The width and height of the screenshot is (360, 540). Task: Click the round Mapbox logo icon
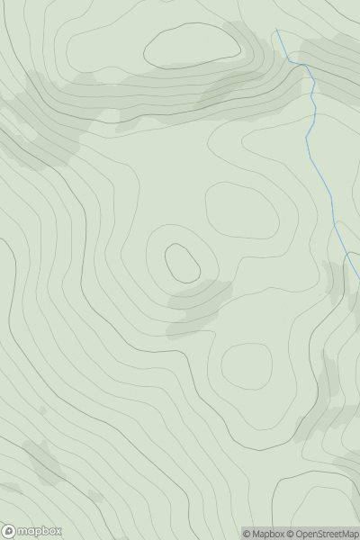click(9, 531)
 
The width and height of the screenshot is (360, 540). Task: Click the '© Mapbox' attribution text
click(264, 534)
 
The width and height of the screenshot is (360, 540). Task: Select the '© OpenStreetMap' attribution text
click(322, 534)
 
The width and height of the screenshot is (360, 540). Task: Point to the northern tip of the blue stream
click(276, 31)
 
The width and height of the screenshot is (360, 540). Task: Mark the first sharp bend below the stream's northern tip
click(290, 61)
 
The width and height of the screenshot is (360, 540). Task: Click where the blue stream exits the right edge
click(358, 278)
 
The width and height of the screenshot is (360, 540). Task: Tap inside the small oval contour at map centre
click(182, 262)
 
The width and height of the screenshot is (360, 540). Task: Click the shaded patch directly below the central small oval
click(198, 301)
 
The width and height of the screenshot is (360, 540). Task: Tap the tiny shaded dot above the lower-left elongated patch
click(42, 410)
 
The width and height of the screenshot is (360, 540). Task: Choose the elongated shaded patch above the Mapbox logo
click(42, 463)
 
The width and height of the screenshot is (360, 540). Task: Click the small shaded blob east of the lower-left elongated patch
click(94, 495)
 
